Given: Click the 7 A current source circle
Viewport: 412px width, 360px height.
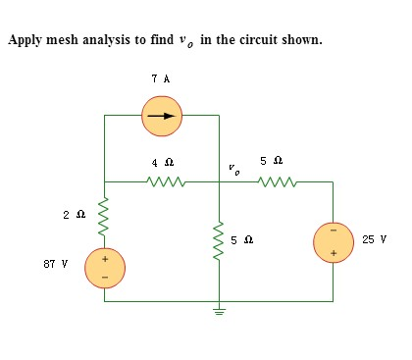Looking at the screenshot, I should click(x=162, y=118).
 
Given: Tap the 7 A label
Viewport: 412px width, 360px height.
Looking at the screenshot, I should click(x=162, y=77).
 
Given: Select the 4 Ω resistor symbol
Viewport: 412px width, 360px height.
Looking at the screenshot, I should click(x=162, y=181).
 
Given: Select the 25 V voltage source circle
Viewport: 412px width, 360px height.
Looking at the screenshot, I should click(x=332, y=241).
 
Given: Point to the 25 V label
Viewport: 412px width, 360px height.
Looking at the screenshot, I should click(x=373, y=238).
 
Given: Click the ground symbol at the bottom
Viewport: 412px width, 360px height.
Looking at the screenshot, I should click(x=219, y=312).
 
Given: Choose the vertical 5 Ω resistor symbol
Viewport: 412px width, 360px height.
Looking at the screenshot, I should click(x=219, y=238).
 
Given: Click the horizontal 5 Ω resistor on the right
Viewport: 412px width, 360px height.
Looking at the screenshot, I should click(x=276, y=181).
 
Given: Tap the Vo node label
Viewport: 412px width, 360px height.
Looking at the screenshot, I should click(x=233, y=168).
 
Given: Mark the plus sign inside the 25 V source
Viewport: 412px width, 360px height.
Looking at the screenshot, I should click(x=332, y=252).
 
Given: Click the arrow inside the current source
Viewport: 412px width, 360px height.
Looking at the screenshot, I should click(x=161, y=118).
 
